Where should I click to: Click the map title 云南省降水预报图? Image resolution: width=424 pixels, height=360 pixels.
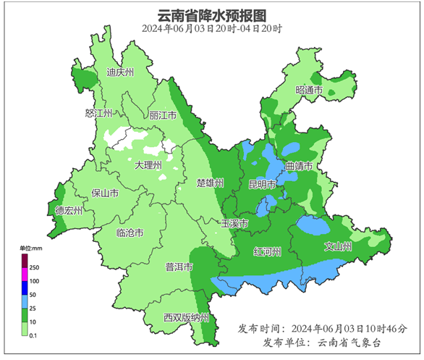[212, 14]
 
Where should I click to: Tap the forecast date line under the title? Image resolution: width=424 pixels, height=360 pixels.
[212, 29]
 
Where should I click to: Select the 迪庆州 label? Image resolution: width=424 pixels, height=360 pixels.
[120, 72]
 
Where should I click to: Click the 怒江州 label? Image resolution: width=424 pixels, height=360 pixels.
[99, 114]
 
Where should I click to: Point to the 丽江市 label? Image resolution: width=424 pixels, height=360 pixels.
[163, 115]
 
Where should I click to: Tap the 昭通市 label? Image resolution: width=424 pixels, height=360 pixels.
[309, 91]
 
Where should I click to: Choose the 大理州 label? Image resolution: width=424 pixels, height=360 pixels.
[149, 165]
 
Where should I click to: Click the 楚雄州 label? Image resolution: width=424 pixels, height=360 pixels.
[211, 183]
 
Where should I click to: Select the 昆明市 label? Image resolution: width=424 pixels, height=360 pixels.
[263, 185]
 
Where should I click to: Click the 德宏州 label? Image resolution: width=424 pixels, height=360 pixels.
[69, 211]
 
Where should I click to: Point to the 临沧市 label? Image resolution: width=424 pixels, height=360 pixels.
[130, 233]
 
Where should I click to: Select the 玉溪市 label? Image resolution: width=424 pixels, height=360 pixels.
[234, 224]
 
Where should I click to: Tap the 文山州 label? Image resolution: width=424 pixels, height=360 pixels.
[338, 247]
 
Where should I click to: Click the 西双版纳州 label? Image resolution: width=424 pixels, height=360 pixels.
[186, 318]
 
